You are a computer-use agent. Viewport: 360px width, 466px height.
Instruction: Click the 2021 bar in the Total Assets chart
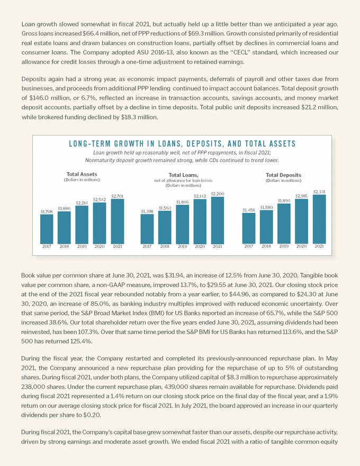117,221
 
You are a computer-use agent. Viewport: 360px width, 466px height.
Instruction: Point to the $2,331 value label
319,191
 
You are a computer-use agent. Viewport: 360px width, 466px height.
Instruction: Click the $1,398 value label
147,211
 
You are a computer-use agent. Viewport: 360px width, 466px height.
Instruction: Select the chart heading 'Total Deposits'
283,175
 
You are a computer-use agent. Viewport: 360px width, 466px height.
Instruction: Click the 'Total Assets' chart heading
82,174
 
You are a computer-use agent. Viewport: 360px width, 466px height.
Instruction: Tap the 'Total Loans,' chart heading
183,175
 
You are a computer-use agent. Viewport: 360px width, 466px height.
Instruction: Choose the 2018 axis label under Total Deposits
266,246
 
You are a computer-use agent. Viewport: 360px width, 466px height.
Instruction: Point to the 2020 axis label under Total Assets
100,246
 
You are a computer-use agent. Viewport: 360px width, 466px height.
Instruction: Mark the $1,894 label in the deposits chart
284,201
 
